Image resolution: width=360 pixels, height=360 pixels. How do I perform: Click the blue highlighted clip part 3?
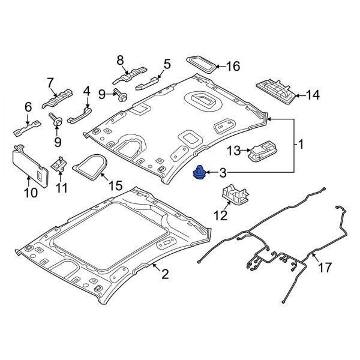(198, 173)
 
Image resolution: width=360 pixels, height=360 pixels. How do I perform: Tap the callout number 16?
(232, 66)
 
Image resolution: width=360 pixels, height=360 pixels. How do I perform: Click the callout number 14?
(313, 94)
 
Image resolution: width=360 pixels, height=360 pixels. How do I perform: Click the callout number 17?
(324, 268)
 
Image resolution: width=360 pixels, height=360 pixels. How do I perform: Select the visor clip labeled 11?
(60, 163)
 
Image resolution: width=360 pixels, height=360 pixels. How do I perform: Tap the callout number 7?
(50, 82)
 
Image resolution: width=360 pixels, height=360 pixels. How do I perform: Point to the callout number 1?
(301, 145)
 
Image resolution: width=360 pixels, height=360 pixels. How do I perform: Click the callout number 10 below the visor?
(31, 192)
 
